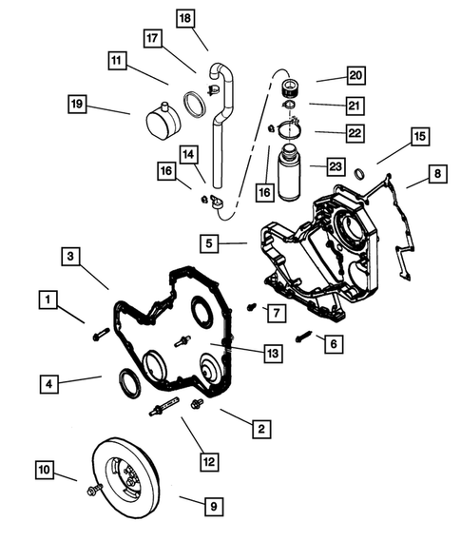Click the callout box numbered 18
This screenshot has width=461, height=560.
tap(184, 18)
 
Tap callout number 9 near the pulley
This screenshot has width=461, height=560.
tap(215, 506)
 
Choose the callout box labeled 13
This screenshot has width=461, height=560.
tap(272, 354)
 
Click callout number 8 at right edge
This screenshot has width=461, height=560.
tap(436, 174)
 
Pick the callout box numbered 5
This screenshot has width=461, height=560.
tap(211, 243)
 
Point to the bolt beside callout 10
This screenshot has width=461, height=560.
tap(95, 490)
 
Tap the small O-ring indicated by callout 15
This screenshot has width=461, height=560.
tap(358, 173)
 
